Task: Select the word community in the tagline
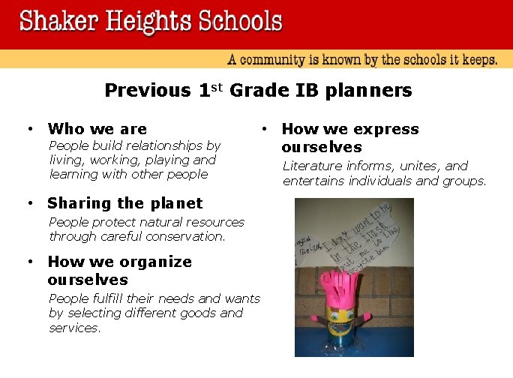(x=280, y=60)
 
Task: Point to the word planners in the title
(x=375, y=91)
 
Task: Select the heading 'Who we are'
(x=97, y=129)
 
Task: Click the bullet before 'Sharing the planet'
(x=28, y=203)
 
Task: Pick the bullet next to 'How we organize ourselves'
(x=28, y=262)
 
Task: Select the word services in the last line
(x=74, y=328)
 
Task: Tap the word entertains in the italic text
(x=315, y=181)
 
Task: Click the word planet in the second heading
(x=175, y=203)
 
